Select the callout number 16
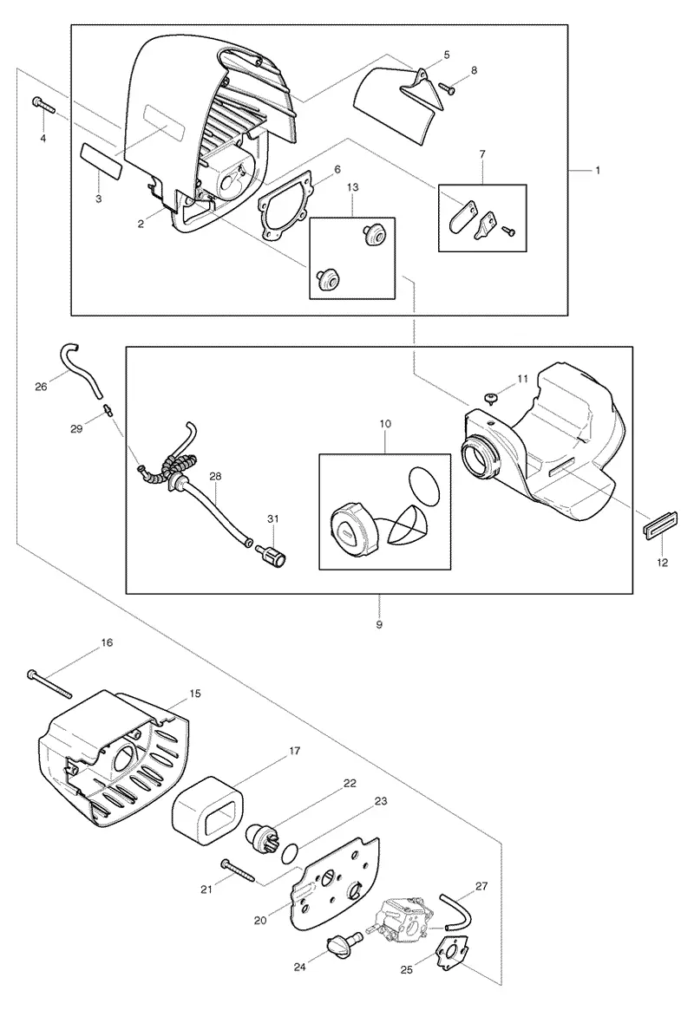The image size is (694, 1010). [107, 642]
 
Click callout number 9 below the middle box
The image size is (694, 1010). [379, 624]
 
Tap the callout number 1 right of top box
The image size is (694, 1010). [598, 170]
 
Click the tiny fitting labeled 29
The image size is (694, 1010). [108, 410]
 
